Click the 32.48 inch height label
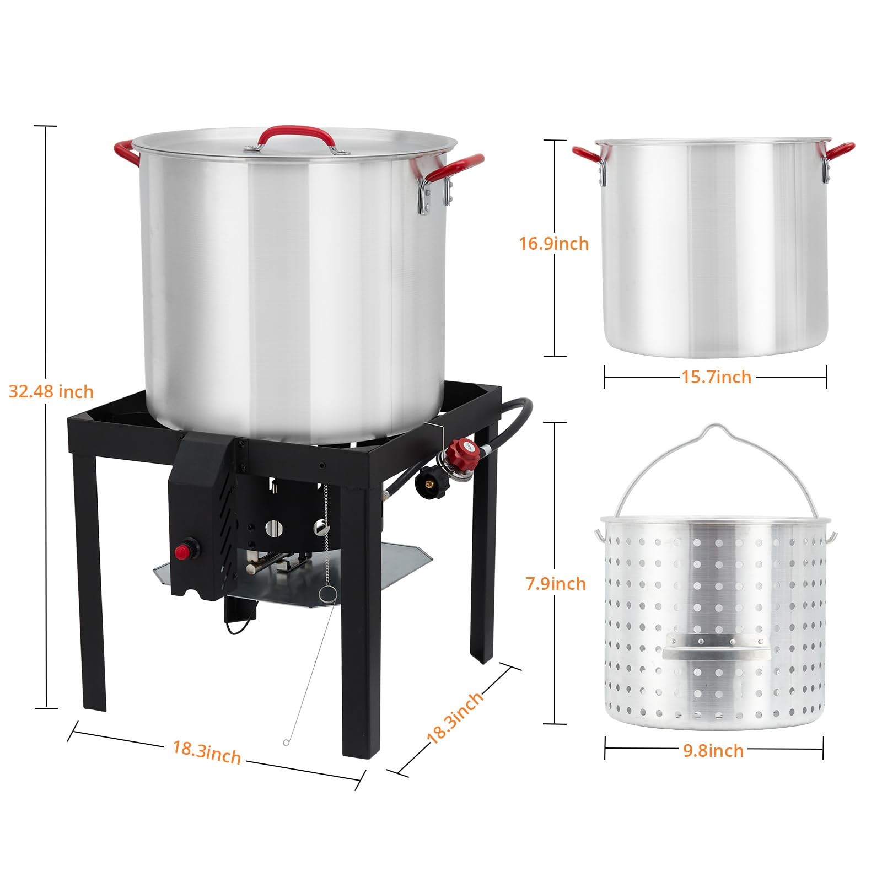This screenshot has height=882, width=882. tap(51, 391)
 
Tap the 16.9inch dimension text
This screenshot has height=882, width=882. tap(553, 243)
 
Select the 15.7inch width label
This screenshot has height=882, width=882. tap(716, 377)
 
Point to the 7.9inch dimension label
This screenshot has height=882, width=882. tap(556, 583)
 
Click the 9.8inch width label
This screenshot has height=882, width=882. tap(713, 750)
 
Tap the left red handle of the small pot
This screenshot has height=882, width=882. tap(585, 154)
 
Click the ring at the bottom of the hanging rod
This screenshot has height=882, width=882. tap(286, 743)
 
